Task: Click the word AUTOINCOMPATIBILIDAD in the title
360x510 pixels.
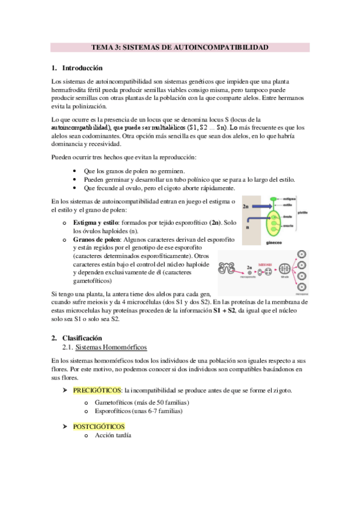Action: [224, 46]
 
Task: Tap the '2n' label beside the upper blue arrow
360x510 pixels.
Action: [245, 206]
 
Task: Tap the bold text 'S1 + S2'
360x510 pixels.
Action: [225, 310]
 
